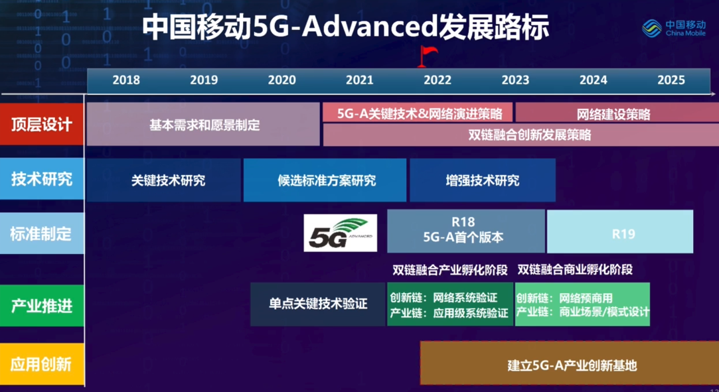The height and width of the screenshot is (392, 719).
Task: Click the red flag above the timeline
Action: coord(427,56)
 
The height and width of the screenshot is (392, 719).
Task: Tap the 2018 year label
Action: coord(126,80)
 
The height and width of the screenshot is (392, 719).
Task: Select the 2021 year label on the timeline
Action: coord(360,80)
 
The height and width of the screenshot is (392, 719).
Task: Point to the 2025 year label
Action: coord(671,80)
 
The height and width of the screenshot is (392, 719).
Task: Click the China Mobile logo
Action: coord(674,28)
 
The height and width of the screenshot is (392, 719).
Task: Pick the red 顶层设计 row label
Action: coord(42,124)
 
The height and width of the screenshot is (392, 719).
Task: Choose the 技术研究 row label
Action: coord(42,178)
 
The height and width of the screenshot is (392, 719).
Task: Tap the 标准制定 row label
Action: coord(42,233)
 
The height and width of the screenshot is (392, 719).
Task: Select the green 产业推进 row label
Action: coord(42,306)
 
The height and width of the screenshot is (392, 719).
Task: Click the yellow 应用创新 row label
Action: coord(42,364)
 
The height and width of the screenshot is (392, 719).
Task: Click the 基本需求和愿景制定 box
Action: coord(203,124)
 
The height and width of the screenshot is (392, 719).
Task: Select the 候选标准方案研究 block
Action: coord(325,180)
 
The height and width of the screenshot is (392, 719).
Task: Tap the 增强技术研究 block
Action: coord(483,180)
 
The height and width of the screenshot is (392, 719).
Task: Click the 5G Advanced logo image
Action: coord(340,233)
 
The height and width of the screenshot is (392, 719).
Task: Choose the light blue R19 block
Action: coord(620,231)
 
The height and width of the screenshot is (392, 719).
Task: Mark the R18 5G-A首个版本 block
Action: coord(466,231)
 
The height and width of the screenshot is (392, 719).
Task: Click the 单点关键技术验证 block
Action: coord(318,304)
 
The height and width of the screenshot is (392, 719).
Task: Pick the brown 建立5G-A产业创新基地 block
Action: coord(570,363)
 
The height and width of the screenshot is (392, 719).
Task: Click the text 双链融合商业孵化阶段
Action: coord(575,270)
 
